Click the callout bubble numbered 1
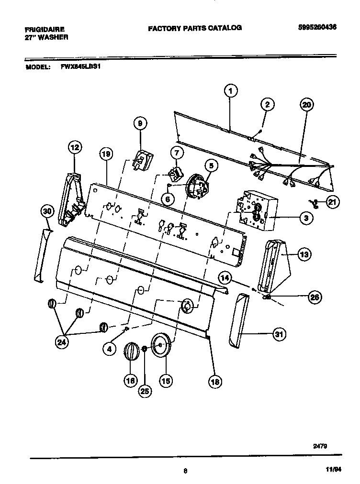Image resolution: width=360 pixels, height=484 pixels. click(x=230, y=91)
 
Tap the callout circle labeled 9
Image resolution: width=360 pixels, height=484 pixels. click(x=140, y=123)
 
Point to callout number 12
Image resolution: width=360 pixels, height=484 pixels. click(x=74, y=148)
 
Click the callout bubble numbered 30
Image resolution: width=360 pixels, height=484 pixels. click(x=46, y=211)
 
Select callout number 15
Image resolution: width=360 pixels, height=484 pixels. click(x=166, y=381)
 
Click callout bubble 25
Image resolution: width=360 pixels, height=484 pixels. click(x=145, y=391)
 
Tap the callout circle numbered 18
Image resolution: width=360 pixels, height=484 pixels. click(x=215, y=381)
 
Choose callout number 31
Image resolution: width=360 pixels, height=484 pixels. click(x=278, y=335)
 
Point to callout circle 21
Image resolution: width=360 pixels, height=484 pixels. click(x=332, y=202)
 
